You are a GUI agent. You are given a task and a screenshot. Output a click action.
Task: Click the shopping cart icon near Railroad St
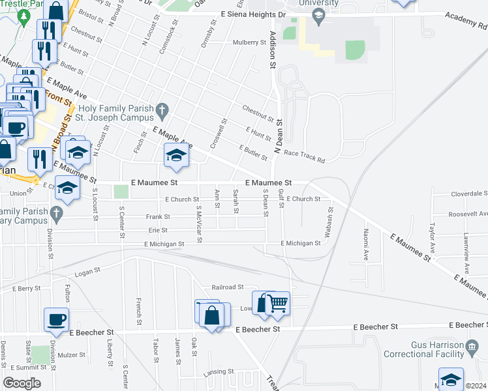[x=278, y=302]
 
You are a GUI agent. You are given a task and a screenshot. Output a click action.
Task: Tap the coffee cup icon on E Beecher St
[x=55, y=320]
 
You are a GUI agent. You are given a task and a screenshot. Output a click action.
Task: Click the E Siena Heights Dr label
[x=253, y=14]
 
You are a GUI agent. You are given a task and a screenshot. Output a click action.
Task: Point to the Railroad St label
[x=227, y=287]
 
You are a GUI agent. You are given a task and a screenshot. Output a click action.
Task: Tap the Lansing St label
[x=218, y=371]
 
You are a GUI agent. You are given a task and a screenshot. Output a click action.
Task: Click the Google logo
[x=22, y=383]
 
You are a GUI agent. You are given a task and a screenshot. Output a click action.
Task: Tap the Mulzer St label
[x=72, y=355]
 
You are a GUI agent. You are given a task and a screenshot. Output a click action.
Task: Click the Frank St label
[x=158, y=216]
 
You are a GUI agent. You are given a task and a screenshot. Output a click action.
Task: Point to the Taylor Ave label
[x=432, y=240]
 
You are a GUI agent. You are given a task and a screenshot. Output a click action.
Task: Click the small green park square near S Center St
[x=121, y=192]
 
